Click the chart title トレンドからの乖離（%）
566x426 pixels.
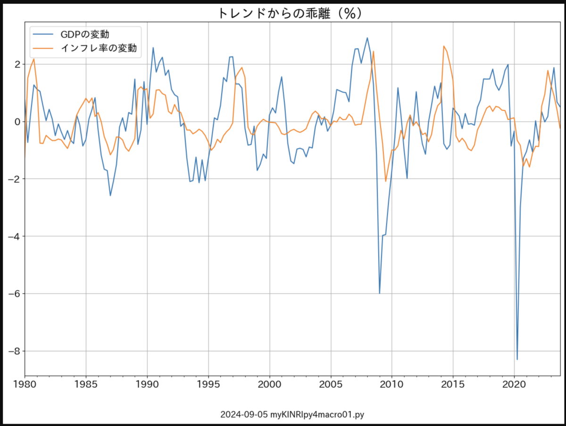290,13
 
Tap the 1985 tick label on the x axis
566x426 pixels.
86,385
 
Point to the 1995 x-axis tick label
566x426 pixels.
208,385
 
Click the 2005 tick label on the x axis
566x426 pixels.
331,385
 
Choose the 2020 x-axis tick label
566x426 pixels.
514,385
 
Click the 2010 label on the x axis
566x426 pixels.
392,385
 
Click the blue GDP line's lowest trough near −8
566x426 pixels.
517,360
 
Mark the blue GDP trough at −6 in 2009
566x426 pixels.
379,293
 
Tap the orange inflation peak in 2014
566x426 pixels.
443,46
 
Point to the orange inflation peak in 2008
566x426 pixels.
373,51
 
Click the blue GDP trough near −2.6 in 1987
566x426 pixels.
110,196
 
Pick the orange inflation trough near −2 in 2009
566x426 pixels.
385,181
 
